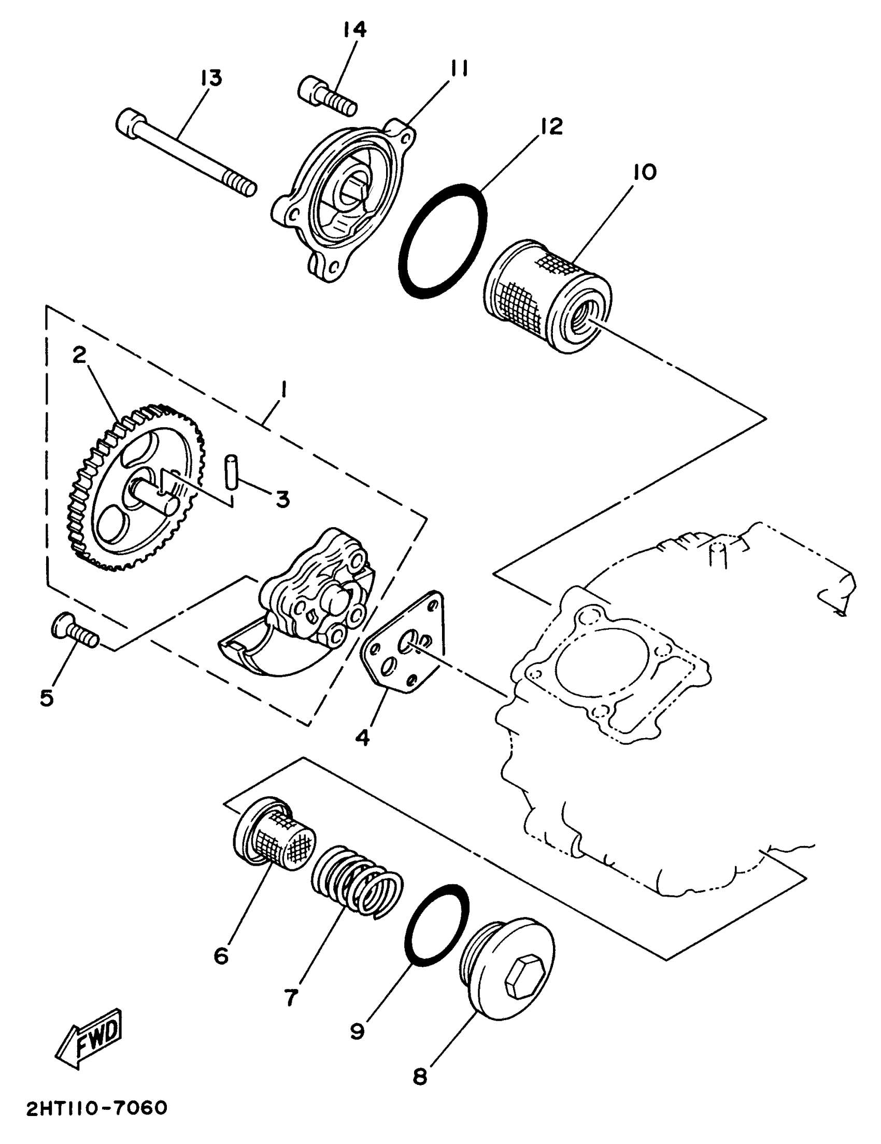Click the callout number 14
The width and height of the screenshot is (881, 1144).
(x=354, y=30)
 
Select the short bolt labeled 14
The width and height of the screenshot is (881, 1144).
(x=328, y=97)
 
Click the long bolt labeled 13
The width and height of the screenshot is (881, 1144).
(x=186, y=154)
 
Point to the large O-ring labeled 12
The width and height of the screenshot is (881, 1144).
(x=442, y=241)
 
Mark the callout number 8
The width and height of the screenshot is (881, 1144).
(x=420, y=1077)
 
